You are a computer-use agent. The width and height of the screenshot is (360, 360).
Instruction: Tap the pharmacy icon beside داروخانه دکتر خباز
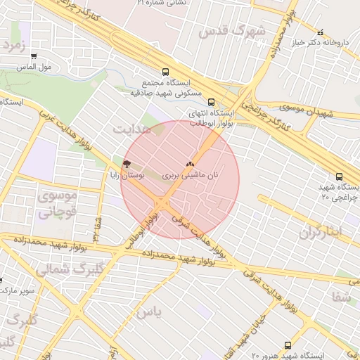(x=321, y=32)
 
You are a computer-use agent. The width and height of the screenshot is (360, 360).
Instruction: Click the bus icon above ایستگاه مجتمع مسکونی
(x=166, y=72)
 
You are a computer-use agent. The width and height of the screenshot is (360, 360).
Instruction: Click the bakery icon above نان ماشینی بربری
(x=190, y=163)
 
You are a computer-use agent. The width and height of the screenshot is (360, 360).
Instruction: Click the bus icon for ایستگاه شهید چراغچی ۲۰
(x=340, y=176)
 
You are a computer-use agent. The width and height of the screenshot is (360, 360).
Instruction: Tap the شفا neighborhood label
(x=342, y=297)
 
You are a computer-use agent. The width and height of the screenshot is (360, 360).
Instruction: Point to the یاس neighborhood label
(x=149, y=309)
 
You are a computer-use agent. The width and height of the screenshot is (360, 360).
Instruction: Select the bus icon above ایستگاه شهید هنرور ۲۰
(x=288, y=345)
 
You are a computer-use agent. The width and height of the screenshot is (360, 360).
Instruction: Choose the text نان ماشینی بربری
(x=191, y=174)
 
